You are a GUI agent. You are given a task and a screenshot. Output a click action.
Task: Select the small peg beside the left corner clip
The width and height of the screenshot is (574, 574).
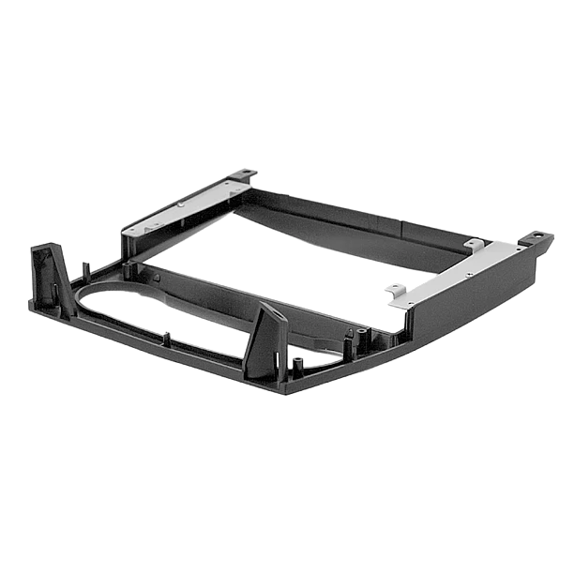coord(85,272)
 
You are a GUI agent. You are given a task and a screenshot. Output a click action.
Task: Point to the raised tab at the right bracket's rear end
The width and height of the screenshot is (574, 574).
coord(475,245)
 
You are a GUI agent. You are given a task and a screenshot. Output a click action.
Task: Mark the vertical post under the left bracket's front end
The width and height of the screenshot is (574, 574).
coord(126,249)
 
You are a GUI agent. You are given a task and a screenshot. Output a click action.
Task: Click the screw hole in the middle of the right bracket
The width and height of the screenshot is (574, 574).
coord(466,275)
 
